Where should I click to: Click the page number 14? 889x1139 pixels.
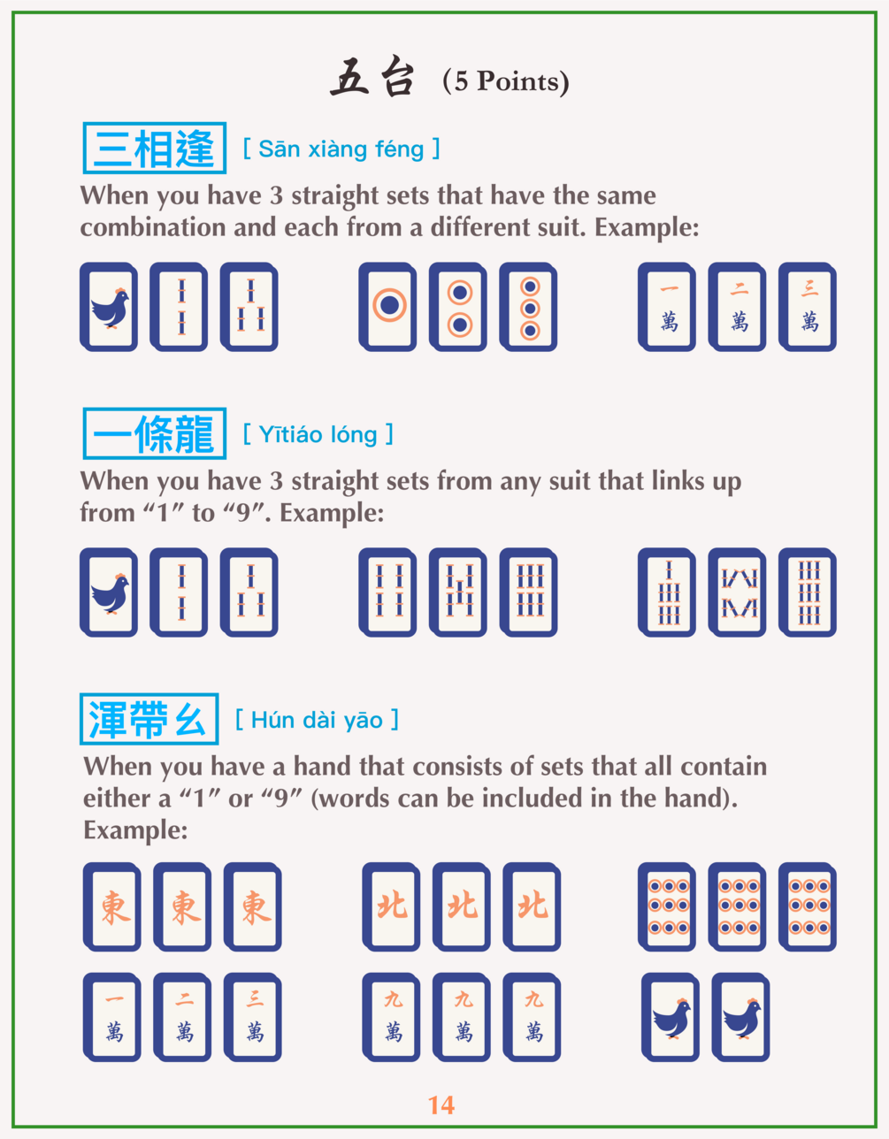pyautogui.click(x=441, y=1105)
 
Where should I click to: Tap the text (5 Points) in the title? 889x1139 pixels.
pyautogui.click(x=505, y=81)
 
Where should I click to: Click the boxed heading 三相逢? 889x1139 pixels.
pyautogui.click(x=155, y=148)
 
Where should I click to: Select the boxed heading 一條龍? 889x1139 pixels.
pyautogui.click(x=155, y=433)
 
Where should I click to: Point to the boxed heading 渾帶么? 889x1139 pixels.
pyautogui.click(x=149, y=719)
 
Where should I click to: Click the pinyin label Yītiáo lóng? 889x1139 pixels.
pyautogui.click(x=318, y=434)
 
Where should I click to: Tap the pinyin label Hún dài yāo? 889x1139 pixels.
pyautogui.click(x=318, y=720)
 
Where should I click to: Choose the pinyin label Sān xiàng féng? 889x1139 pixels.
pyautogui.click(x=341, y=149)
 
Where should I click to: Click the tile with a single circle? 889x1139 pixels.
pyautogui.click(x=388, y=307)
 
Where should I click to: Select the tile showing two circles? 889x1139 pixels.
pyautogui.click(x=458, y=307)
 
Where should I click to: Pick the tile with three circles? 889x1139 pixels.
pyautogui.click(x=528, y=307)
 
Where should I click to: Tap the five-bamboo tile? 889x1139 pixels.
pyautogui.click(x=458, y=592)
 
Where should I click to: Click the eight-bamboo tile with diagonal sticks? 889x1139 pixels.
pyautogui.click(x=738, y=592)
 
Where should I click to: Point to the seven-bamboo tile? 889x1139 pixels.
pyautogui.click(x=667, y=592)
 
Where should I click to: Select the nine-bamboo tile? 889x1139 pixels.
pyautogui.click(x=808, y=592)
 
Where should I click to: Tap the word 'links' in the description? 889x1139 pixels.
pyautogui.click(x=678, y=481)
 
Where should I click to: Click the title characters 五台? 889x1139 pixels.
pyautogui.click(x=372, y=78)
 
